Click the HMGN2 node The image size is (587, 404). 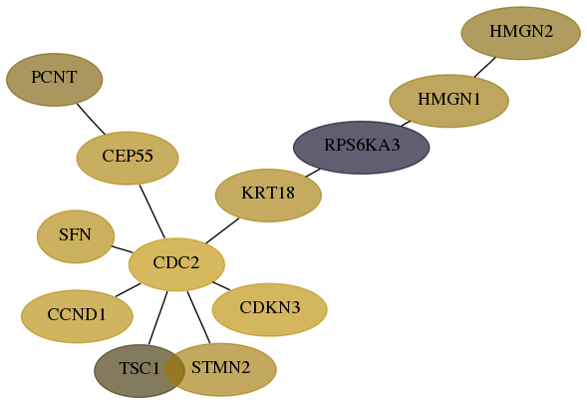point(521,33)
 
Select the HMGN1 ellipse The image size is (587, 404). point(448,101)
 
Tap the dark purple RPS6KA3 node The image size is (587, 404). point(361,148)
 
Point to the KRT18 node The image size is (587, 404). point(268,196)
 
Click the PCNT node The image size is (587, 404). point(54,80)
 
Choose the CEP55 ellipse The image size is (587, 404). point(128,159)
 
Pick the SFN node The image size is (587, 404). point(76,236)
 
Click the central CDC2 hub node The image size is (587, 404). point(176,264)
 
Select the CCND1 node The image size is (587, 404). point(77,316)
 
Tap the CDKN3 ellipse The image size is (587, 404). point(269,309)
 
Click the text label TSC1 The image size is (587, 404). point(140,368)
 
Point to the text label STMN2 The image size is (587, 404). point(220,368)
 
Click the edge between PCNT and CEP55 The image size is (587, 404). point(91,119)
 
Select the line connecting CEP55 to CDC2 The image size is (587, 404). point(152,211)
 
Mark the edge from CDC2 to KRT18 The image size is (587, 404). point(222,230)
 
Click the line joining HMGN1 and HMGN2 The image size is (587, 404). point(485,67)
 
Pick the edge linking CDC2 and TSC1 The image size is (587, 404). point(158,317)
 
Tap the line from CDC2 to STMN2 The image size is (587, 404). point(198,317)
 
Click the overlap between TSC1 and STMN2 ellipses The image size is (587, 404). point(174,369)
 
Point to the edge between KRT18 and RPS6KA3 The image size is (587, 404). point(313,173)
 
